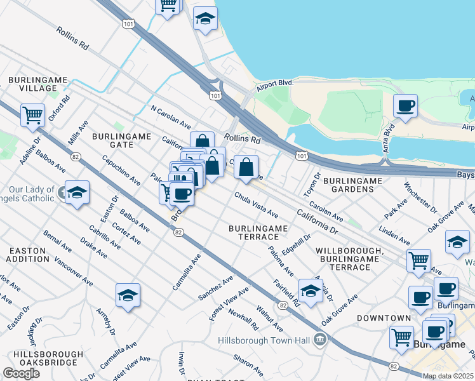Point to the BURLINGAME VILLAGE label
pyautogui.click(x=34, y=84)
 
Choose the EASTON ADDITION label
pyautogui.click(x=27, y=255)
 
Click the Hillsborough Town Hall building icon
pyautogui.click(x=321, y=340)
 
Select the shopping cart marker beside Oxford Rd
pyautogui.click(x=32, y=116)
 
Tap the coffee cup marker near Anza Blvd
pyautogui.click(x=405, y=106)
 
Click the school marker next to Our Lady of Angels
pyautogui.click(x=77, y=192)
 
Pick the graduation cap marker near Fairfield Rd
pyautogui.click(x=311, y=290)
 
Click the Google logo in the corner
pyautogui.click(x=21, y=373)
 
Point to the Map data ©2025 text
pyautogui.click(x=448, y=376)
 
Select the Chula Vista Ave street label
pyautogui.click(x=257, y=204)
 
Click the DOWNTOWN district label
pyautogui.click(x=384, y=317)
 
